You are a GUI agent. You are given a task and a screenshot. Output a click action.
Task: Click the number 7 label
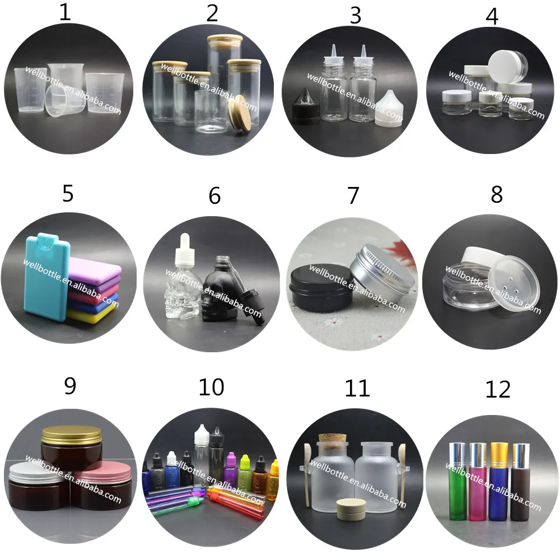coord(353,195)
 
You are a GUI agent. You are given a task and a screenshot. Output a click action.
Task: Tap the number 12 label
coord(498,389)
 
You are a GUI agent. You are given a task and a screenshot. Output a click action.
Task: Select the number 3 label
coord(356,16)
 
